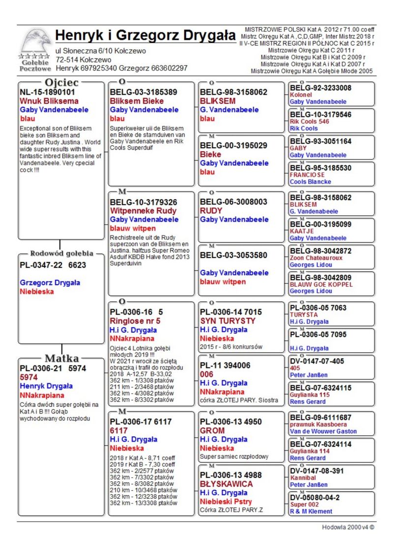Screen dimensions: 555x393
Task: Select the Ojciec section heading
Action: [x=61, y=82]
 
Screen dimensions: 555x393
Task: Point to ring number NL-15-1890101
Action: [x=47, y=92]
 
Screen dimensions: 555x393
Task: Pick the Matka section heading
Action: [x=61, y=358]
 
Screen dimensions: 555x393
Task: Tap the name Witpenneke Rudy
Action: [x=143, y=211]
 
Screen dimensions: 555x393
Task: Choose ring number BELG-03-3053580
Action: [x=233, y=255]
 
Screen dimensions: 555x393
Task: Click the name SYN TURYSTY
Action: [x=227, y=321]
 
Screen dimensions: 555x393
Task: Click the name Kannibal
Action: [x=303, y=477]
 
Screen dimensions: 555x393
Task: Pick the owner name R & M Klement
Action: [x=311, y=511]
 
